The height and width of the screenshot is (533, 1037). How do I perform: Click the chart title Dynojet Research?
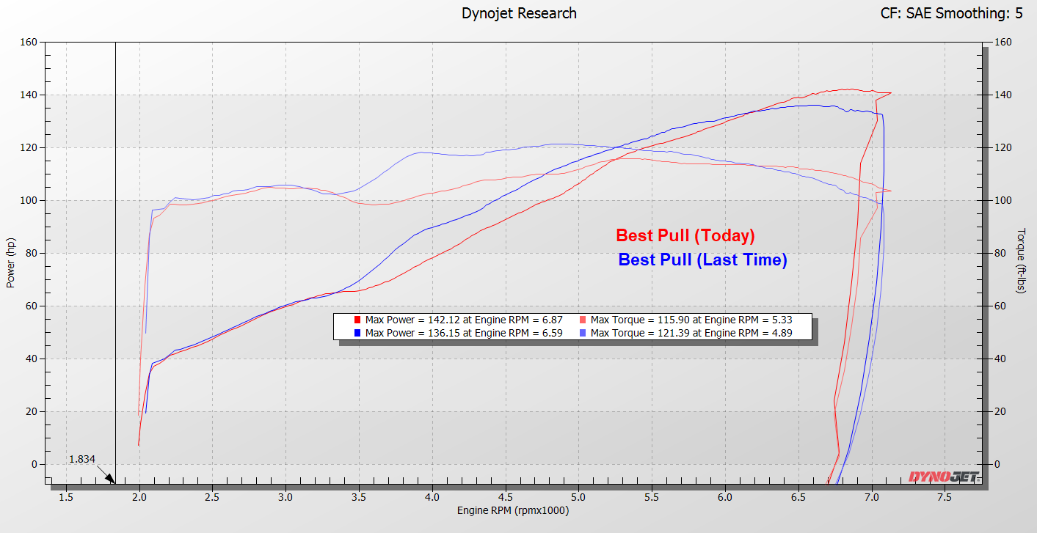click(518, 13)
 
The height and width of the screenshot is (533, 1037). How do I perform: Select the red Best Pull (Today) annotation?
click(685, 235)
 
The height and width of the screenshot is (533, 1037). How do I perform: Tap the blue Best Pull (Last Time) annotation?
click(702, 260)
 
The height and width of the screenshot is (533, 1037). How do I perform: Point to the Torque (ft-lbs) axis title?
click(1021, 260)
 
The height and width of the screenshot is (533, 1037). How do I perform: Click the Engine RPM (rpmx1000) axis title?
click(512, 510)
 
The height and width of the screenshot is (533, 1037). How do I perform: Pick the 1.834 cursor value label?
click(81, 459)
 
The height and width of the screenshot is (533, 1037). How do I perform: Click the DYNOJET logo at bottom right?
click(944, 477)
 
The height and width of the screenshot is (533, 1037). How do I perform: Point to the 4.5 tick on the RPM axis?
click(506, 497)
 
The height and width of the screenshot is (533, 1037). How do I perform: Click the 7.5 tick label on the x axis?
click(945, 497)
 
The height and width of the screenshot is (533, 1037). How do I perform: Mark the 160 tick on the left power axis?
click(28, 43)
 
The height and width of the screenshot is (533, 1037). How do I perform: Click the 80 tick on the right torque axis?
click(999, 254)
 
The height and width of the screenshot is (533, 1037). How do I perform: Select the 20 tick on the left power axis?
click(31, 412)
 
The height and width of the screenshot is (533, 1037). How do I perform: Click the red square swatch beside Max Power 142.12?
click(357, 320)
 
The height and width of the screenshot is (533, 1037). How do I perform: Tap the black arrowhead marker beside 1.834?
click(110, 479)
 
